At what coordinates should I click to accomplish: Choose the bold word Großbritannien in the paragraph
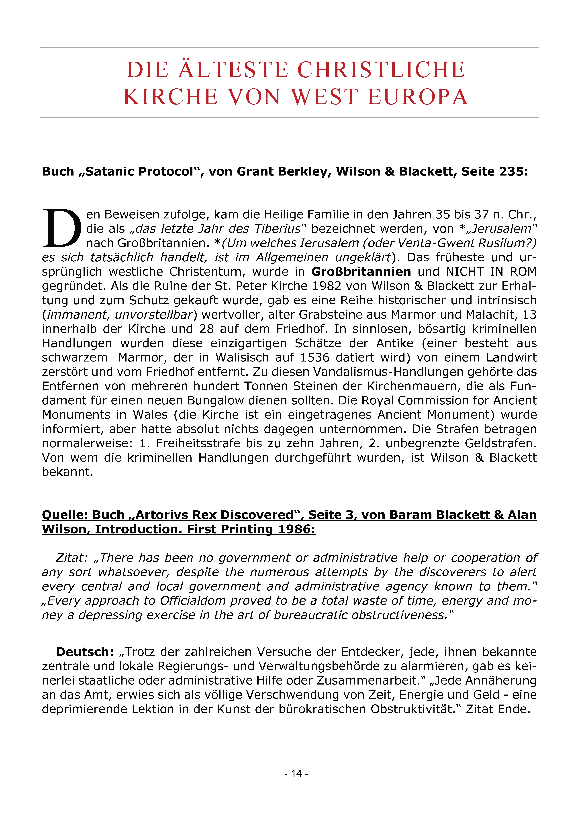tap(361, 272)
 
